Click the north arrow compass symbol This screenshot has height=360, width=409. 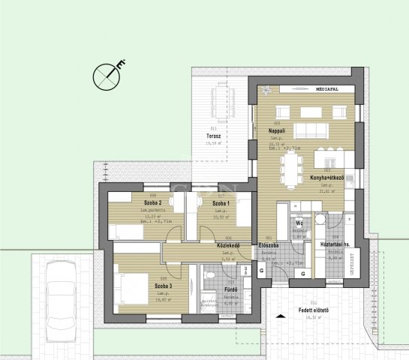(x=105, y=76)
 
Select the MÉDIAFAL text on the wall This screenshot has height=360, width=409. (x=327, y=88)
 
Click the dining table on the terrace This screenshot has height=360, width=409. (x=219, y=97)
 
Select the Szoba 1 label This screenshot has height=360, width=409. (x=221, y=203)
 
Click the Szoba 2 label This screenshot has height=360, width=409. (x=154, y=203)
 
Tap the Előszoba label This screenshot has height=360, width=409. (x=269, y=245)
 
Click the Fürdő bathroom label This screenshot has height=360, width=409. (x=231, y=289)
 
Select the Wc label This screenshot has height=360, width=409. (x=299, y=223)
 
